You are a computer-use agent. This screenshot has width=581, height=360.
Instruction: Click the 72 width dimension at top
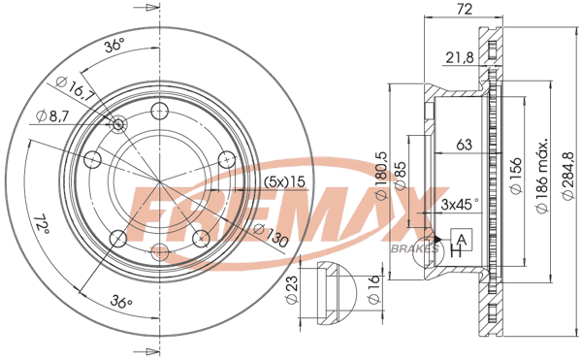click(464, 9)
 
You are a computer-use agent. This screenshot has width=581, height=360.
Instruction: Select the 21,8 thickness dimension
click(460, 57)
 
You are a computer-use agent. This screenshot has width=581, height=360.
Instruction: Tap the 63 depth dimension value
click(464, 145)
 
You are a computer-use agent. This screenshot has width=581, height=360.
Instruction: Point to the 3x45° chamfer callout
click(460, 204)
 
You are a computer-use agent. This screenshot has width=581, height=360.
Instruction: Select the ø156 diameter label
click(516, 176)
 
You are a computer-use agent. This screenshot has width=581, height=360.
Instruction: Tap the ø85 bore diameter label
click(401, 176)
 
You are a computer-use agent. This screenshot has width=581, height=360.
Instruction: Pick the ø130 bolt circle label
click(271, 235)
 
